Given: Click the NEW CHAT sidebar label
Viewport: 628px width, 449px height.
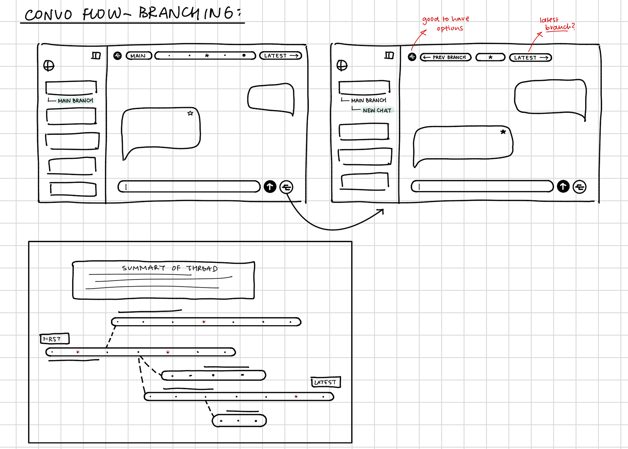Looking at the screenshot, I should coord(377,110).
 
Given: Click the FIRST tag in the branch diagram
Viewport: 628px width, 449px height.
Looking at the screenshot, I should coord(54,339).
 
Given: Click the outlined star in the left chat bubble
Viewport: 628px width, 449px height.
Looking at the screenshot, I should coord(190,113).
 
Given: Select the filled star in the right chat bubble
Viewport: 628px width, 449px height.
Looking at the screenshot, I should coord(503,132).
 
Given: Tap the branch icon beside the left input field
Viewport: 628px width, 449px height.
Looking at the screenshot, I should coord(286,187).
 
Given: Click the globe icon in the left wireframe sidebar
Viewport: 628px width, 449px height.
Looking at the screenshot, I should coord(49,66).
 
